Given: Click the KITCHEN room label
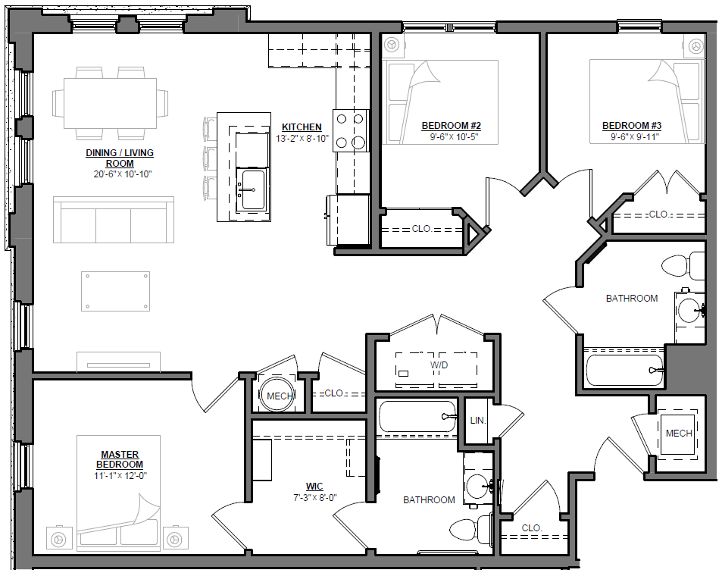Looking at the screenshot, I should pyautogui.click(x=302, y=127).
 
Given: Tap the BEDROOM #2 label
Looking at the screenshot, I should pyautogui.click(x=451, y=126).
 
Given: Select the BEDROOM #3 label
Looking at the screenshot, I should pyautogui.click(x=632, y=126).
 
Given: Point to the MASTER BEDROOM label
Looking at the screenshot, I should pyautogui.click(x=121, y=459).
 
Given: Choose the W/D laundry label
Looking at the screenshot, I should pyautogui.click(x=439, y=365).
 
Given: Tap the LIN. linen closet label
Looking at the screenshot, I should pyautogui.click(x=477, y=420).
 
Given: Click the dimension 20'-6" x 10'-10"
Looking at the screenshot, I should pyautogui.click(x=119, y=174).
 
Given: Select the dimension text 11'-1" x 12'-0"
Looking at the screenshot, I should pyautogui.click(x=121, y=474).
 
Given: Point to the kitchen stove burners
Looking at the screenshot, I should pyautogui.click(x=351, y=130).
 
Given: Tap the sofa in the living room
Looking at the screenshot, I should pyautogui.click(x=114, y=221).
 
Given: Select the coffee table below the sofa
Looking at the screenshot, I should pyautogui.click(x=114, y=290).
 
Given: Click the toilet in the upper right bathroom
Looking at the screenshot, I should pyautogui.click(x=680, y=265).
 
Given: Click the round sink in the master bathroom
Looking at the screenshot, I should pyautogui.click(x=477, y=486).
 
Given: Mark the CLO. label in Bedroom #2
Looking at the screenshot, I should pyautogui.click(x=422, y=228).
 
